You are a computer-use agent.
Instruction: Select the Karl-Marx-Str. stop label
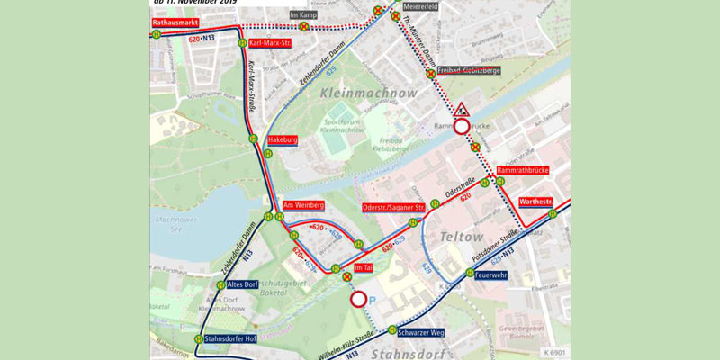coord(273,43)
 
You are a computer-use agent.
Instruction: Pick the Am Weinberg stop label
coord(303,205)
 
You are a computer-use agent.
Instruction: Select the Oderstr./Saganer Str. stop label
coord(392,209)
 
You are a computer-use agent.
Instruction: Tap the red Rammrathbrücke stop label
coord(522,170)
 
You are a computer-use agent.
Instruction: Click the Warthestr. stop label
coord(536,202)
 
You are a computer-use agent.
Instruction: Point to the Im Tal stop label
coord(364,268)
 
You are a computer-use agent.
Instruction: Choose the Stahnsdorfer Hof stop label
coord(231,339)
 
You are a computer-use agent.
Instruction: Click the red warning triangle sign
coord(462,110)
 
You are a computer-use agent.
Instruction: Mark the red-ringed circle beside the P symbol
coord(358,299)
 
